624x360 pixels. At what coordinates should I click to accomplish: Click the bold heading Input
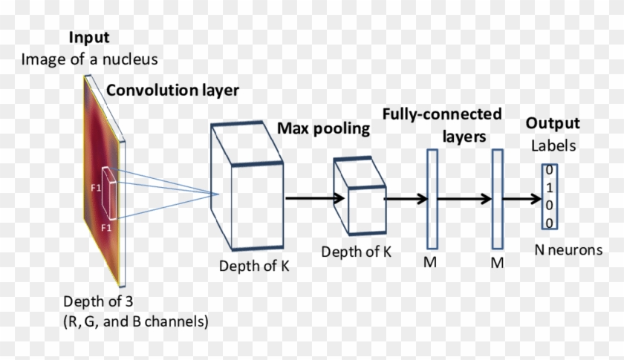coord(89,38)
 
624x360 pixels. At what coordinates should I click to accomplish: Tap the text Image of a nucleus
coord(89,59)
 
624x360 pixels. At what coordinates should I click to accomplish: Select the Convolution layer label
coord(172,91)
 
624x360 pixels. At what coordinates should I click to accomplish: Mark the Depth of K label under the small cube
coord(357,252)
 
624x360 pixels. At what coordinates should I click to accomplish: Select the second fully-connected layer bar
coord(498,199)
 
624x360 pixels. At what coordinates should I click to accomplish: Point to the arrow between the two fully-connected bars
coord(465,199)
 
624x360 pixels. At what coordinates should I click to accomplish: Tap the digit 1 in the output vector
coord(548,188)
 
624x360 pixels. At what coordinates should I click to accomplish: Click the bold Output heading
coord(553,124)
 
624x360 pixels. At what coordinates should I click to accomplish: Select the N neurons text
coord(568,250)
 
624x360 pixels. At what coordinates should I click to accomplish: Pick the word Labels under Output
coord(553,146)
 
